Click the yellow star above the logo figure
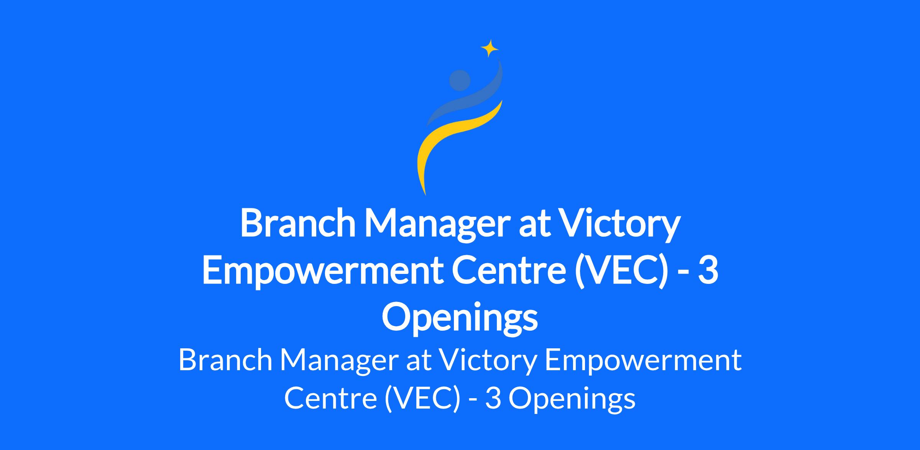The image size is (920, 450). pos(490,48)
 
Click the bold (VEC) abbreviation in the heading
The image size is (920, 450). pos(623,272)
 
